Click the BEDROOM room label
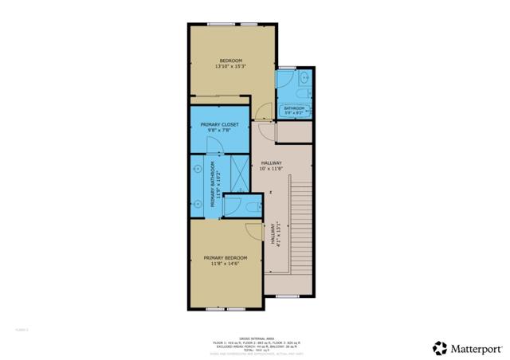(231, 61)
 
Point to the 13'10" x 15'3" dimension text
(229, 67)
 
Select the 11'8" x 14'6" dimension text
(225, 264)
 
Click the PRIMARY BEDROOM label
(225, 257)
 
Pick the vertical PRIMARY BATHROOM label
(212, 189)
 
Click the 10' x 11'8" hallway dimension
(271, 168)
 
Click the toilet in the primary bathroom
(253, 206)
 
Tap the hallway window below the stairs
(287, 296)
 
